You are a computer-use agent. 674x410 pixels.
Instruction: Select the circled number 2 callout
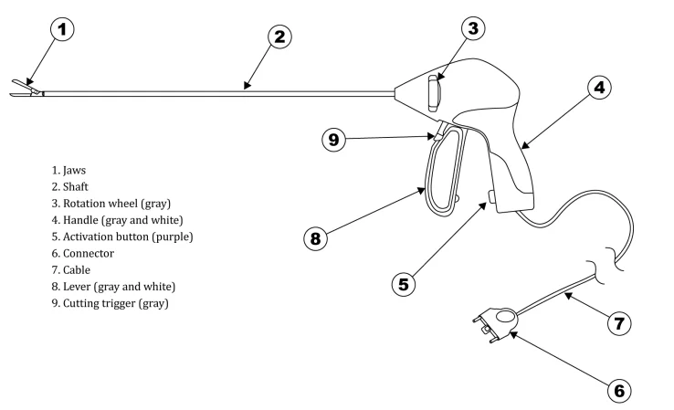(x=280, y=37)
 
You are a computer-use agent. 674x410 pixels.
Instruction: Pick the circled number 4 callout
(x=597, y=89)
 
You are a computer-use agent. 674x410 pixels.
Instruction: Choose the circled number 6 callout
(x=619, y=390)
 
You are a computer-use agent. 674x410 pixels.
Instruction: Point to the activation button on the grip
(x=493, y=196)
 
